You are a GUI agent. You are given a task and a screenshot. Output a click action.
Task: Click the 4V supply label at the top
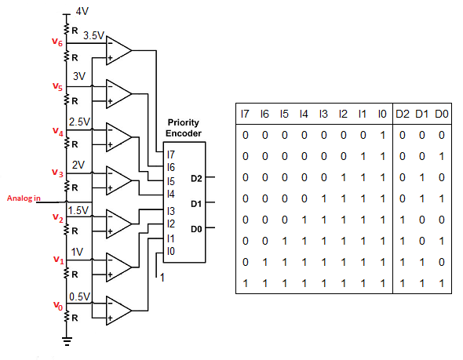pos(82,11)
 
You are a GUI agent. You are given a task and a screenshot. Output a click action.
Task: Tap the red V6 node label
pos(57,42)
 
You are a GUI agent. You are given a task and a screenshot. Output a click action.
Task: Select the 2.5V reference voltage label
pos(79,122)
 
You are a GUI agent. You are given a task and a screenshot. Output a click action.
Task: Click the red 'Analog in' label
pos(24,198)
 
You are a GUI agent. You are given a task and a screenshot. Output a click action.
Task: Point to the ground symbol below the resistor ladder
pos(67,341)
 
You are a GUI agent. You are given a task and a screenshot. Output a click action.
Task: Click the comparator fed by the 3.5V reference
pos(118,51)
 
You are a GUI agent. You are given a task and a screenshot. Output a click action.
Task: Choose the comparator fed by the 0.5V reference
pos(118,311)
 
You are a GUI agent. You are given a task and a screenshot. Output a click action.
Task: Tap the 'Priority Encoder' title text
pos(184,128)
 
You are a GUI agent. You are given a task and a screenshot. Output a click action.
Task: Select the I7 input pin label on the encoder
pos(171,155)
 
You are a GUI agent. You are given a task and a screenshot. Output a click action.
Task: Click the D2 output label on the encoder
pos(196,178)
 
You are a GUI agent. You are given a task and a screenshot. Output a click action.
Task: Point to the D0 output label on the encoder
pos(196,229)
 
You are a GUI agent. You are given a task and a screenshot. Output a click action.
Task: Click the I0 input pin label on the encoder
pos(171,251)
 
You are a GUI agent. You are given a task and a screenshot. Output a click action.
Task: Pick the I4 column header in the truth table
pos(304,114)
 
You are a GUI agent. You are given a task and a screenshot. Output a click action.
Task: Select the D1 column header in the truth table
pos(421,114)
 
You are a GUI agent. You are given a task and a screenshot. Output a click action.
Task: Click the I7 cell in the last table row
pos(245,284)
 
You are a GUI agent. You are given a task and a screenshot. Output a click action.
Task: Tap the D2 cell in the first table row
pos(402,135)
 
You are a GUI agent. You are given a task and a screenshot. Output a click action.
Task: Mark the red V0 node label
pos(58,306)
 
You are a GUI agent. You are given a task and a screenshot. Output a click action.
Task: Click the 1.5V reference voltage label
pos(78,210)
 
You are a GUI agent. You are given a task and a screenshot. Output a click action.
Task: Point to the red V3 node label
pos(57,173)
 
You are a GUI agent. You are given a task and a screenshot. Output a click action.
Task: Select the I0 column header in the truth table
pos(382,114)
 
